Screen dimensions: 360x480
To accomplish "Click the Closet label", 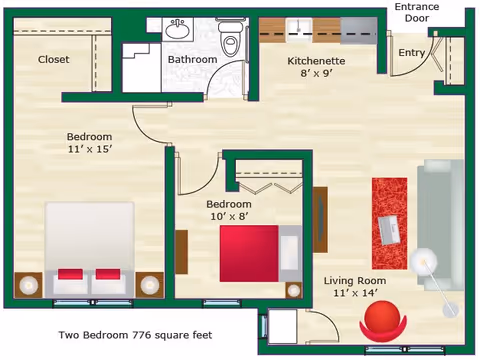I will (54, 59).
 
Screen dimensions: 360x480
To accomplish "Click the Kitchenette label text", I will (316, 61).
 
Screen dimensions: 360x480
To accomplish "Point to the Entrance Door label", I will (417, 13).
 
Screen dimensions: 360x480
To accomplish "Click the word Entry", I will (411, 53).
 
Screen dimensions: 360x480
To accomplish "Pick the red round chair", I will (385, 321).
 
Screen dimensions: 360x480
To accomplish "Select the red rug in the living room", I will (389, 223).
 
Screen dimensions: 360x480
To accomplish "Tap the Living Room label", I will (355, 281).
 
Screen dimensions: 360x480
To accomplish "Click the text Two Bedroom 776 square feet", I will (133, 336).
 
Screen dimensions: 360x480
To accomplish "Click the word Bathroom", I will (192, 59).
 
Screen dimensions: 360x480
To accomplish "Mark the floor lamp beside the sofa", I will (425, 261).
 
